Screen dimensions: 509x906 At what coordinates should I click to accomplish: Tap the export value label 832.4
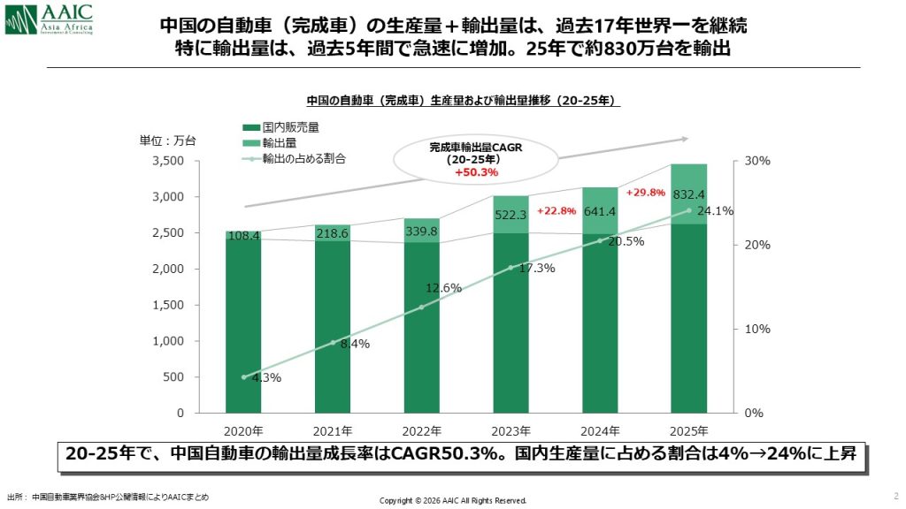coord(689,194)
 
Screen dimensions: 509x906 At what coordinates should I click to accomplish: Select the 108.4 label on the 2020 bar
coord(243,236)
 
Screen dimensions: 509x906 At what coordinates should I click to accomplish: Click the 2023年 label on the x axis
coord(511,431)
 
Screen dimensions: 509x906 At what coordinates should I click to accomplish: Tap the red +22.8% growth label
coord(557,211)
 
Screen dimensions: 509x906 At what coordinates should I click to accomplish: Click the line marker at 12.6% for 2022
coord(421,307)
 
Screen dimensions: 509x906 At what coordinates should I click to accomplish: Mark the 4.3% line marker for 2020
coord(243,376)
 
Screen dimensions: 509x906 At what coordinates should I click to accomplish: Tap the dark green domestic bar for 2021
coord(333,327)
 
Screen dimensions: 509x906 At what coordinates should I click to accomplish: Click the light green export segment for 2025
coord(688,194)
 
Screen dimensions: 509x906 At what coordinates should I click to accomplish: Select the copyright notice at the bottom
coord(453,500)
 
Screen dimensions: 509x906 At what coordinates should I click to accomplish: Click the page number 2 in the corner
coord(895,495)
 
